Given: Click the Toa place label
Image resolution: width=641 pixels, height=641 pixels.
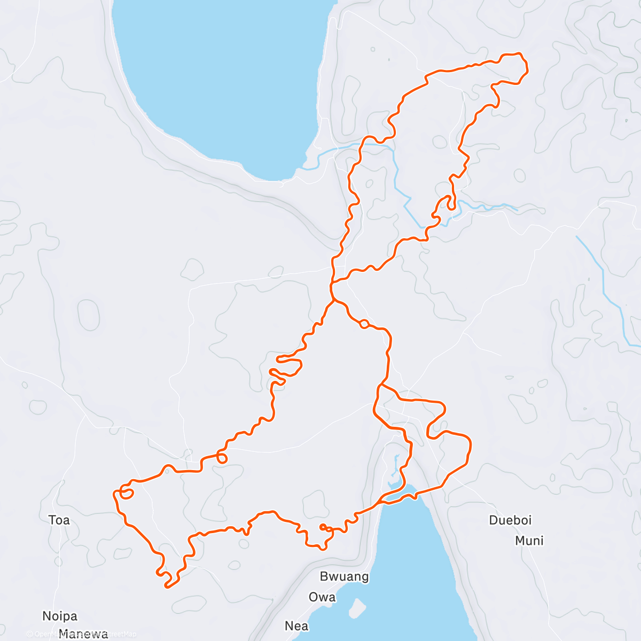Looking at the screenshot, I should (59, 520).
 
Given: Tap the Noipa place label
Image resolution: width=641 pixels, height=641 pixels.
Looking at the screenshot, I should (60, 616).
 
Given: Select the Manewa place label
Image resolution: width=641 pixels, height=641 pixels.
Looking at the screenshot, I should (83, 634).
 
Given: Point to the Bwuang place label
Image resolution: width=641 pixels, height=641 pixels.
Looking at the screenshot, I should (344, 576).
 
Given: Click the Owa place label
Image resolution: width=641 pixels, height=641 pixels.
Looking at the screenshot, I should (322, 597).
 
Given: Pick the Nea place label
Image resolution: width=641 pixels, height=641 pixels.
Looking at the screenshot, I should (296, 626).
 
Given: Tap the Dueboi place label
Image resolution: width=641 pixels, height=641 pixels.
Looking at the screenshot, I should (510, 520).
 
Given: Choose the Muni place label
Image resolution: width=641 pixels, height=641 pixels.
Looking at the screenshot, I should (529, 541).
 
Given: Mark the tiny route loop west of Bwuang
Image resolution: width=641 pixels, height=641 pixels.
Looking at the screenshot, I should (323, 527).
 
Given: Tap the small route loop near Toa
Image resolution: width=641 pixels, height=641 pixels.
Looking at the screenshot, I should (126, 493).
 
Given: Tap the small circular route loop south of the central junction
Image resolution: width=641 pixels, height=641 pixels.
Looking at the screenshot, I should (364, 323).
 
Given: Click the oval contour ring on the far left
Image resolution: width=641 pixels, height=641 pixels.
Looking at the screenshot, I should (88, 315).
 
